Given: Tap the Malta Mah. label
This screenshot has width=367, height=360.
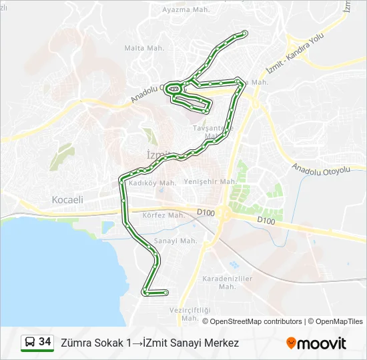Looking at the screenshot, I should coord(144,48).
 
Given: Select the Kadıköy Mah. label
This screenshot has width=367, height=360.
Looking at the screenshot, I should coord(152,182).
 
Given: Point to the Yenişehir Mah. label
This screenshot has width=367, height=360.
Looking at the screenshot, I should coord(210,181).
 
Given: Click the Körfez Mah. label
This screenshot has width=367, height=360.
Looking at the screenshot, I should coord(163,215).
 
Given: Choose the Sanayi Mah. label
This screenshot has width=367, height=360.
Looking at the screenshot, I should coord(175,241).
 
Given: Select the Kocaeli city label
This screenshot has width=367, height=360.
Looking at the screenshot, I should coord(67,199).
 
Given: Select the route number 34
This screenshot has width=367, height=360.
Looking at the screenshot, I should coord(45,343).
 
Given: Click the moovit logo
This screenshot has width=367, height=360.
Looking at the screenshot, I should coord(316,343).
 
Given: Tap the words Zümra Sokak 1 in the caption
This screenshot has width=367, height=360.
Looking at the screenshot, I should coord(96,343).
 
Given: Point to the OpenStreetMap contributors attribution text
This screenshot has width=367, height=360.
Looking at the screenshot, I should coord(252,321).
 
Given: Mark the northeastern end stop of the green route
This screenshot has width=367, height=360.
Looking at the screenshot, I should coord(245,33).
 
